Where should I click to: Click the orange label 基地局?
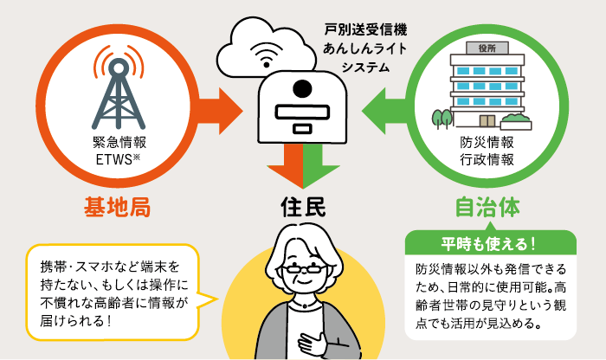tap(119, 208)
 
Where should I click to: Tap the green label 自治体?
tap(487, 208)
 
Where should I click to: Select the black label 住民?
tap(302, 208)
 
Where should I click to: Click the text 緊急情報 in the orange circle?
tap(114, 142)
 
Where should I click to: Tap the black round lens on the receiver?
tap(301, 89)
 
